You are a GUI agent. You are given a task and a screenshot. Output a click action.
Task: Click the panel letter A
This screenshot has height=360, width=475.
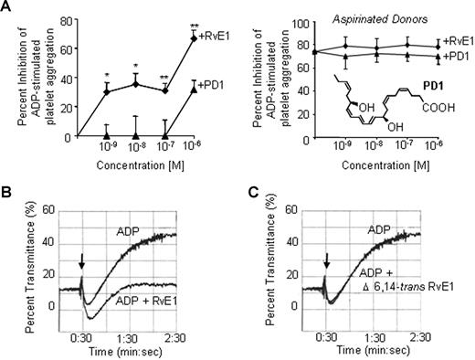7,7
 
